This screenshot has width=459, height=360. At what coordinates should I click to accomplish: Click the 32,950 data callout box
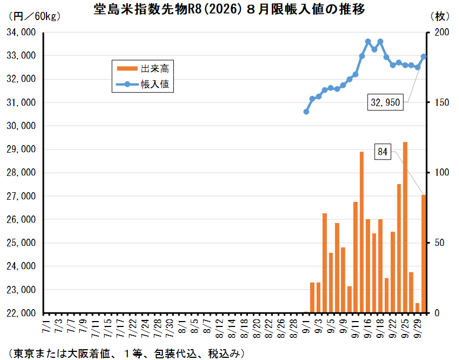[386, 102]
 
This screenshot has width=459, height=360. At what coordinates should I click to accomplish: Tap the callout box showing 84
[383, 152]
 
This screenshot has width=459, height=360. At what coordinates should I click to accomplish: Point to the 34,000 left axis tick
[21, 32]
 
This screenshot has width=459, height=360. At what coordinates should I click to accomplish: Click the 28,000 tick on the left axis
[21, 173]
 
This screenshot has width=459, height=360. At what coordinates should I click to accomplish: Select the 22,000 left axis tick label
[21, 313]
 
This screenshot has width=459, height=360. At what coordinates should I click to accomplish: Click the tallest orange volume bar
[405, 227]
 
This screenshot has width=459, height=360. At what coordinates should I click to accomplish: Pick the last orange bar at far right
[424, 254]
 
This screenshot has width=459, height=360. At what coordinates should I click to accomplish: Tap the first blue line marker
[306, 112]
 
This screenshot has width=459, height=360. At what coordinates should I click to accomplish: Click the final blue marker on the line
[424, 56]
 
